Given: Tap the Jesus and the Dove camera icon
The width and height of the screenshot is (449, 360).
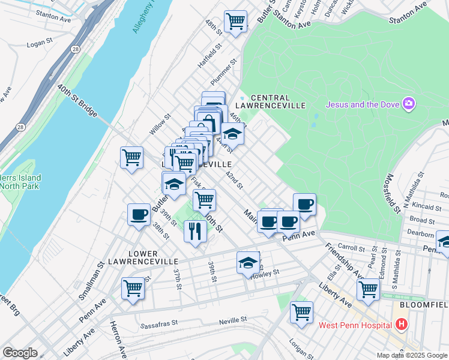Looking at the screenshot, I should tap(410, 104).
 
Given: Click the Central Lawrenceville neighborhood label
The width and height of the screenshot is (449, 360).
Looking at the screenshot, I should tap(270, 98).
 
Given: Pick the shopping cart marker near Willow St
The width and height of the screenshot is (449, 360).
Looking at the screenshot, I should tap(131, 158).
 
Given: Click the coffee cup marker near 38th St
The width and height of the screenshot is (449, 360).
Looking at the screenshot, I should tap(139, 214).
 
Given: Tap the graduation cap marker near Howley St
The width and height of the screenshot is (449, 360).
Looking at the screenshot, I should tap(248, 262).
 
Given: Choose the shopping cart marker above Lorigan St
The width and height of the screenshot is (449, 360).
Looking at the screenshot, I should tap(301, 311).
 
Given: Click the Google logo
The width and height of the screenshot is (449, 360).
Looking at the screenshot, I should tap(19, 353).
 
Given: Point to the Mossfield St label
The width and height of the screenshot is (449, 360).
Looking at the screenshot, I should tap(394, 193).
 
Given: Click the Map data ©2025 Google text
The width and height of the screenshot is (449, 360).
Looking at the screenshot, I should tap(412, 355).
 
